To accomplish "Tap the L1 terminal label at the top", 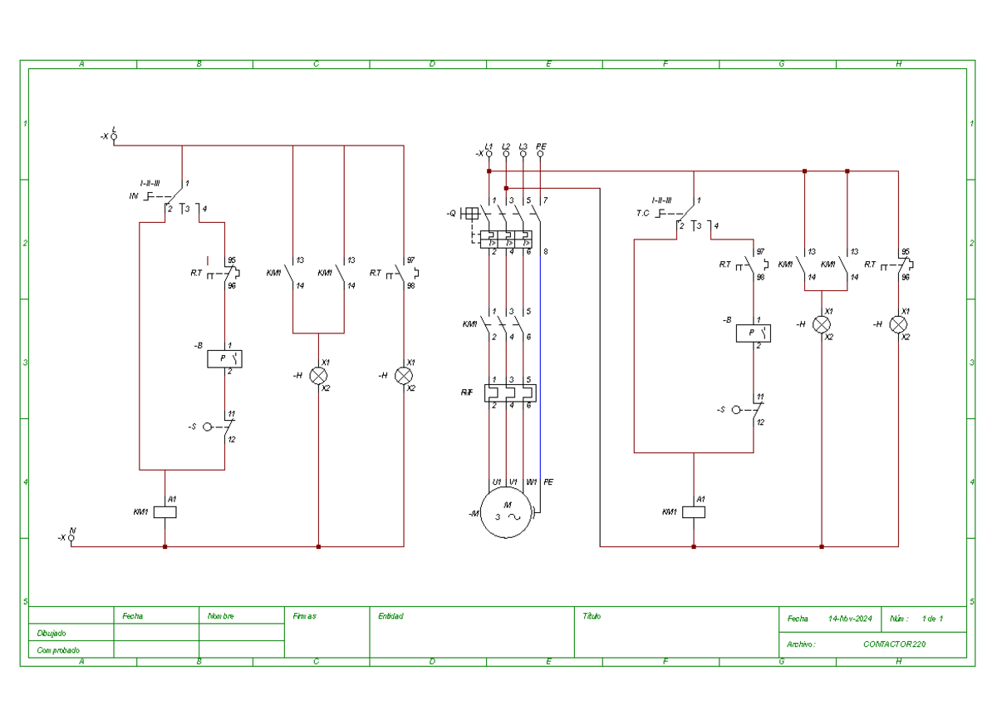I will pyautogui.click(x=489, y=146).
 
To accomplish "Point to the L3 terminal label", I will pyautogui.click(x=523, y=146).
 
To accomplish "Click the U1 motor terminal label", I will pyautogui.click(x=496, y=482).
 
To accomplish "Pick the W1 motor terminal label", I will pyautogui.click(x=531, y=482).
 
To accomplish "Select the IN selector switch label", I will pyautogui.click(x=133, y=196).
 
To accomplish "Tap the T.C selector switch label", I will pyautogui.click(x=642, y=213).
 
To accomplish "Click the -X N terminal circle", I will pyautogui.click(x=71, y=538).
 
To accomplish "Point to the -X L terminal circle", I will pyautogui.click(x=114, y=136).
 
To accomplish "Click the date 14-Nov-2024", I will pyautogui.click(x=849, y=619).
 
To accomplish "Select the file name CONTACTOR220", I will pyautogui.click(x=894, y=644).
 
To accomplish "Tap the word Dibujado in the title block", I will pyautogui.click(x=52, y=634).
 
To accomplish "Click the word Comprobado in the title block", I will pyautogui.click(x=58, y=650).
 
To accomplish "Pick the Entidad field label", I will pyautogui.click(x=390, y=616).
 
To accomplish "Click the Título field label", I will pyautogui.click(x=592, y=616).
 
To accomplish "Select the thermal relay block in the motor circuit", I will pyautogui.click(x=509, y=392).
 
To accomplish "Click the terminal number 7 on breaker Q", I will pyautogui.click(x=545, y=201).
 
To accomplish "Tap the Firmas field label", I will pyautogui.click(x=304, y=616).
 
